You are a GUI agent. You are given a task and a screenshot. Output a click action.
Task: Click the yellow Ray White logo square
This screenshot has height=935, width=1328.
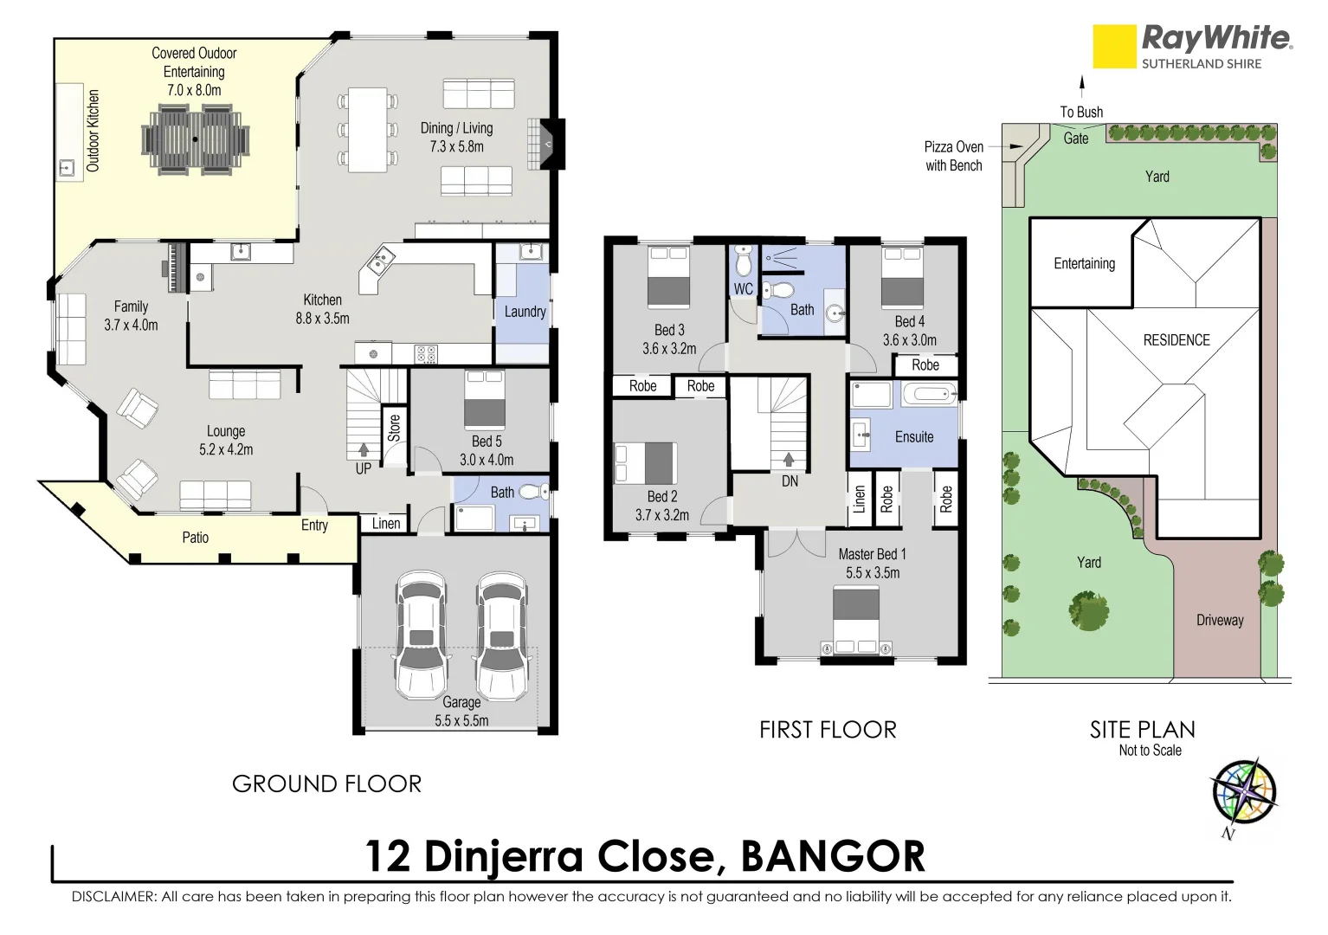pos(1114,46)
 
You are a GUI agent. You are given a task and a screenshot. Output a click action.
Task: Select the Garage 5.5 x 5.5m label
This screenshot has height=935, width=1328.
pos(461,711)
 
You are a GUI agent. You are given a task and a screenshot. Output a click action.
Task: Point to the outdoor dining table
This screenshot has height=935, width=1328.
pos(196,139)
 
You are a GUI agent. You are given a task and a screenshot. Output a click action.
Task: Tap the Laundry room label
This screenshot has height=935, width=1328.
pos(525,312)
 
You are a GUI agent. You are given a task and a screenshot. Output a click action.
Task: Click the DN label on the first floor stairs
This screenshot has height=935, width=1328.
pos(790,480)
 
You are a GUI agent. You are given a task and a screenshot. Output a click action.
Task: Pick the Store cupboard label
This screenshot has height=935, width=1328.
pos(395,427)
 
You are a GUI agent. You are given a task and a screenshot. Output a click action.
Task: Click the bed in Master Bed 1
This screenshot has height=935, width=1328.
pos(856,617)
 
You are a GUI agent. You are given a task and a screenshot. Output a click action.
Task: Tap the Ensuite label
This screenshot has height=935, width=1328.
pos(914,437)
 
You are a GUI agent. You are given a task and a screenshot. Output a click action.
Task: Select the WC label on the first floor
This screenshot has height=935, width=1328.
pos(743,289)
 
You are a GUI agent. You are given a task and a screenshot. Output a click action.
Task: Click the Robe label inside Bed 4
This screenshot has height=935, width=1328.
pos(925,365)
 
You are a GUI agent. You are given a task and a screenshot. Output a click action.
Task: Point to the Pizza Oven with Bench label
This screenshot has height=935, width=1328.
pos(953,156)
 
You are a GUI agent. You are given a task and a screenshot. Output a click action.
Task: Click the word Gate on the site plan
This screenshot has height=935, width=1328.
pos(1076,139)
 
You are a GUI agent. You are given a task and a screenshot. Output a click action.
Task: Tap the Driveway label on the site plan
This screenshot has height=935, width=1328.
pos(1220,620)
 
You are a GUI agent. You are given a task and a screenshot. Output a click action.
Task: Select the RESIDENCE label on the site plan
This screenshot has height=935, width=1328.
pos(1177,340)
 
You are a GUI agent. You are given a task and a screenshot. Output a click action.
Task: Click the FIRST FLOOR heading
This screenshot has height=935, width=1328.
pos(828,730)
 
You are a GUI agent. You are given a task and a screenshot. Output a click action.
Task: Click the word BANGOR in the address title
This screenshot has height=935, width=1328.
pos(833,856)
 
